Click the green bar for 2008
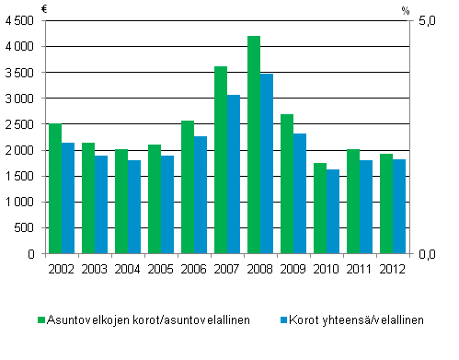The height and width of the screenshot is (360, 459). coord(254,145)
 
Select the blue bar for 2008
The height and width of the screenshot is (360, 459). coord(267,163)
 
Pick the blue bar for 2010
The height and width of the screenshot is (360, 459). coord(333,211)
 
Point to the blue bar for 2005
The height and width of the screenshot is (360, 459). coord(167,204)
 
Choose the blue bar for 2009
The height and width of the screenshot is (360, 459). coord(300,193)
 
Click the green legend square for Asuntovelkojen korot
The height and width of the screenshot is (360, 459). coord(41,319)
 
